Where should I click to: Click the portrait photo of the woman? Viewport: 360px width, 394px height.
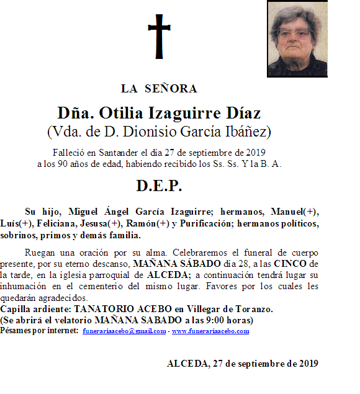click(297, 38)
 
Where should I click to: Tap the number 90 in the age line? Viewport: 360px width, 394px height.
click(65, 164)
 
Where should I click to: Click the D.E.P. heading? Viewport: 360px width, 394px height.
click(159, 186)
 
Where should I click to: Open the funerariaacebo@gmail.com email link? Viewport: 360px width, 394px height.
click(124, 331)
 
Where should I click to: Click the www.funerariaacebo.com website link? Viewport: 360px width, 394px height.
click(210, 331)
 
